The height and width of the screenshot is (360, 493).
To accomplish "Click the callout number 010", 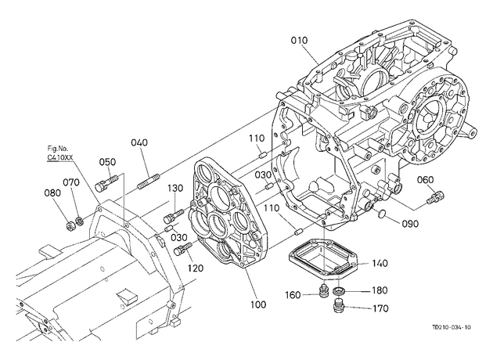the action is [x=299, y=40].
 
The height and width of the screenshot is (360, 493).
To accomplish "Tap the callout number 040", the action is [x=139, y=142].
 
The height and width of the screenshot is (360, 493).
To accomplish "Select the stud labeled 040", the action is [x=149, y=182].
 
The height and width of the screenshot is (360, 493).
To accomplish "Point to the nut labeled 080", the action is [x=70, y=225].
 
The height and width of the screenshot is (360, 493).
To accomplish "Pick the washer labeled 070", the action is [x=80, y=221].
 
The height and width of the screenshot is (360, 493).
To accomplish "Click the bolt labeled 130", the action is [x=174, y=215].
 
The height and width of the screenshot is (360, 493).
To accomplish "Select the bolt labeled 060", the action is [x=435, y=196].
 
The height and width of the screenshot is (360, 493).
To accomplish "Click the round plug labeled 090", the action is [x=381, y=214].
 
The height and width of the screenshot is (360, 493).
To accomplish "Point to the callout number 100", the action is [x=258, y=304].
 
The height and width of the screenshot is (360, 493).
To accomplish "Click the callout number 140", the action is [x=380, y=263].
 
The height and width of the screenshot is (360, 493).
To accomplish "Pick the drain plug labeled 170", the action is [x=338, y=306].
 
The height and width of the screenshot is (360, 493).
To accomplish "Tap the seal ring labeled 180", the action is [x=338, y=291].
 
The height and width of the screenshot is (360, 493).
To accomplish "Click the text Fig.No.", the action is [x=58, y=149].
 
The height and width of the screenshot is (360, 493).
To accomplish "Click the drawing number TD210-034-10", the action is [x=452, y=327].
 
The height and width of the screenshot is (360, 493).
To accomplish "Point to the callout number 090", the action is [x=410, y=224].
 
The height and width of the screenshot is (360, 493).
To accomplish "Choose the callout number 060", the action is [x=425, y=180].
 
